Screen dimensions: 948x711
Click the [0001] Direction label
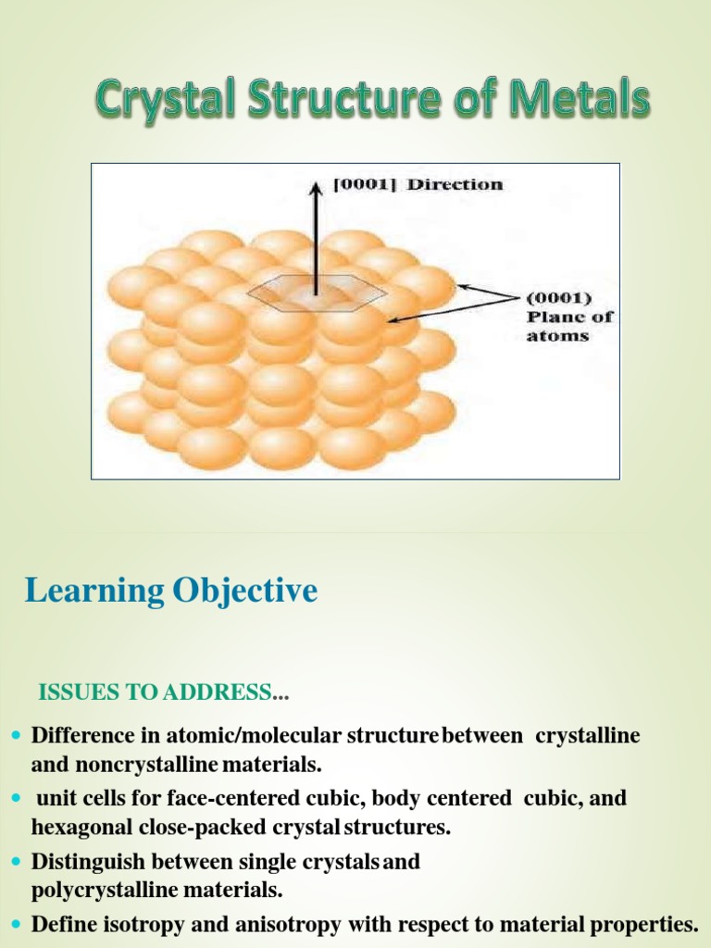click(418, 184)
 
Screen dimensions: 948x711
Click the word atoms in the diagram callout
click(557, 335)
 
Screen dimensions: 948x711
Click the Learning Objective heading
click(171, 590)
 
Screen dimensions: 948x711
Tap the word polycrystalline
click(97, 891)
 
